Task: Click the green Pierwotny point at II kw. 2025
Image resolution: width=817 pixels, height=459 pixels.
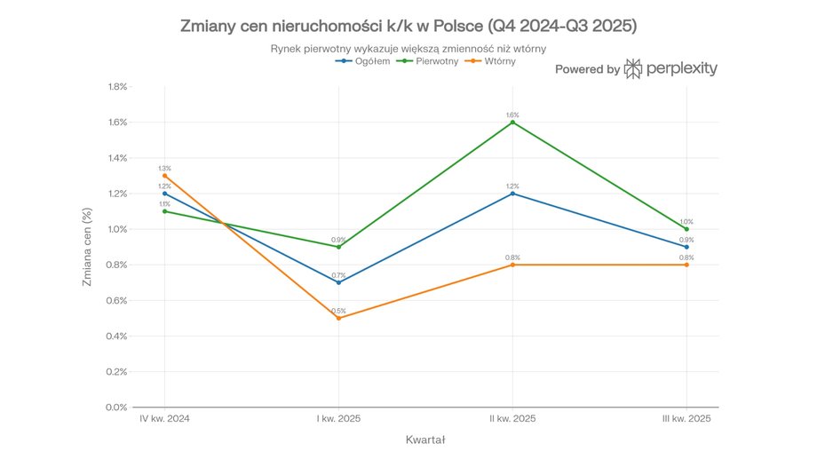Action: point(512,123)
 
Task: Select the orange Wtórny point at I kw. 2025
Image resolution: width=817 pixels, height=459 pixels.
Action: point(338,318)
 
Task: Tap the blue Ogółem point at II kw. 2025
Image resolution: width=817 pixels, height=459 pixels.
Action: point(512,194)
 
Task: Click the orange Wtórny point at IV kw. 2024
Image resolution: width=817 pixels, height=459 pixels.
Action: point(164,176)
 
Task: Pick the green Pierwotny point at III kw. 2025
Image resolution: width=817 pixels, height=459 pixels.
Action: point(686,229)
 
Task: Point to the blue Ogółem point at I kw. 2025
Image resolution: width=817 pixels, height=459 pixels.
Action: point(338,282)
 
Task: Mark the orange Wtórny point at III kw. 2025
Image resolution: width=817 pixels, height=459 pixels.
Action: point(686,265)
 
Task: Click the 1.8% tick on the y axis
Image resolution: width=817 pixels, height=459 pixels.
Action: point(117,87)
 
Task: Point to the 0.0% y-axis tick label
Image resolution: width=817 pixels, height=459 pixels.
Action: point(117,408)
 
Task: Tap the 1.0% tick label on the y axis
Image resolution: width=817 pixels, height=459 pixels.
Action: point(117,229)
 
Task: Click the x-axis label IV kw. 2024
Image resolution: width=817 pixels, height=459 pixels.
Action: point(164,417)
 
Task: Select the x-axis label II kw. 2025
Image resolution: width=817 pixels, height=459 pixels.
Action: point(512,417)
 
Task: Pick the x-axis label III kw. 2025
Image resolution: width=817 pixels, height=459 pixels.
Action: point(686,417)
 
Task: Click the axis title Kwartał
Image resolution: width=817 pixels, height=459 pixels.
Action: point(424,439)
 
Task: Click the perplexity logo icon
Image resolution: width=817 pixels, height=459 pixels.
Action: point(634,69)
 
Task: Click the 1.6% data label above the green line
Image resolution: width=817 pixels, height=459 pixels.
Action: point(512,115)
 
